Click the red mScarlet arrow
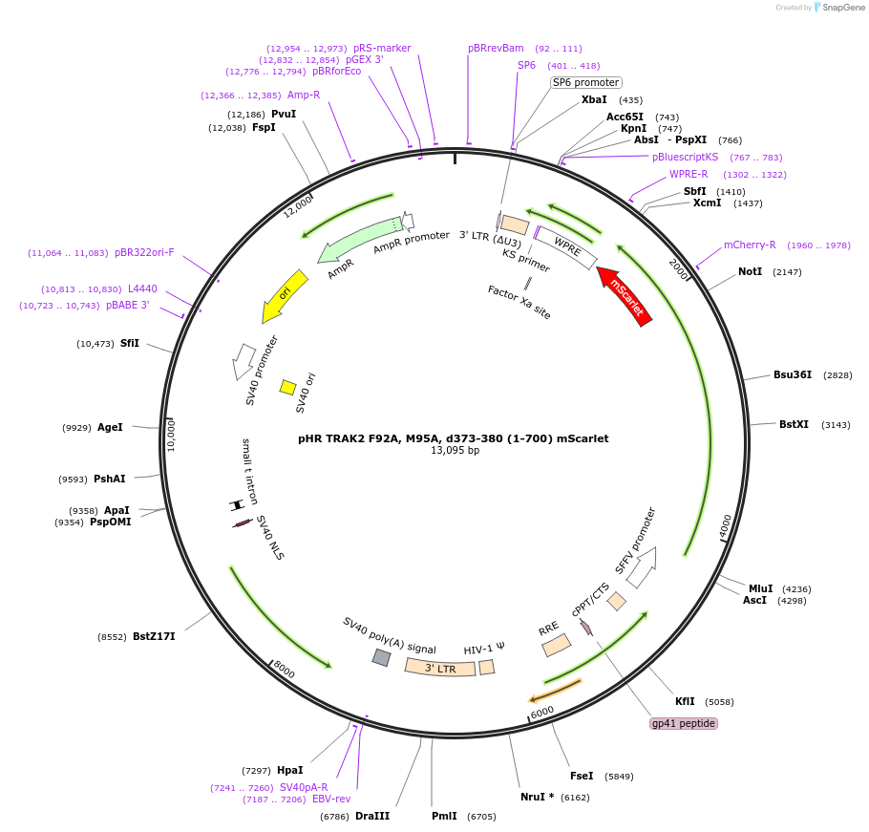[x=625, y=296]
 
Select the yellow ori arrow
[x=285, y=295]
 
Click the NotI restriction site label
[x=750, y=271]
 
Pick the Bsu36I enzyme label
[x=793, y=374]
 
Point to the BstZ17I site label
[x=154, y=636]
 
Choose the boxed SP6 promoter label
[x=585, y=82]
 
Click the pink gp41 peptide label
[x=684, y=723]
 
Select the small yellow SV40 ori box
[x=287, y=387]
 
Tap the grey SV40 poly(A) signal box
[x=381, y=657]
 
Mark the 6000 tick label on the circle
[x=542, y=712]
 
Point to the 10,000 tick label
[x=171, y=436]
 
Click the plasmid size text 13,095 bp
[x=455, y=450]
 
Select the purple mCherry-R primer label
[x=750, y=245]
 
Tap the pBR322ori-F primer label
[x=144, y=253]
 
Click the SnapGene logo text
[x=843, y=8]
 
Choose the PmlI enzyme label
[x=444, y=816]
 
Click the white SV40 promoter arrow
[x=243, y=361]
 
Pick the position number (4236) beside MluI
[x=796, y=589]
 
